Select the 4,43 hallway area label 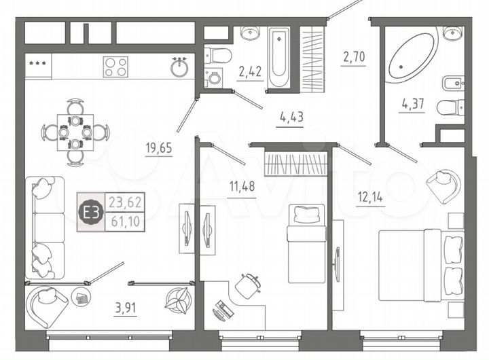click(291, 116)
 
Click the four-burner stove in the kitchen click(115, 67)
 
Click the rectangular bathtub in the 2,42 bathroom click(278, 58)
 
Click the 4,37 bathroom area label click(412, 104)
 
